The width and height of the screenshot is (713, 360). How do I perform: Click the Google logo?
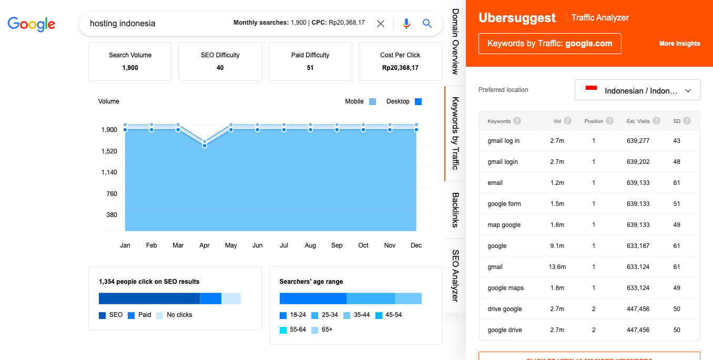click(31, 24)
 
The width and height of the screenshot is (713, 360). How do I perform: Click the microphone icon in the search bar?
click(406, 24)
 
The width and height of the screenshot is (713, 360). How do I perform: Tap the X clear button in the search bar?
click(381, 24)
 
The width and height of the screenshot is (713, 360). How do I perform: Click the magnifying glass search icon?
click(427, 24)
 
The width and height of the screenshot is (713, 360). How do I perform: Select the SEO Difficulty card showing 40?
click(220, 61)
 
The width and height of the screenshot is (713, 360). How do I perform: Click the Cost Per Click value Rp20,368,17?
click(400, 68)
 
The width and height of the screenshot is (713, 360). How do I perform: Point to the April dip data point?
click(205, 145)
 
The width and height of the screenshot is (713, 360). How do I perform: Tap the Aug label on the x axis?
click(310, 245)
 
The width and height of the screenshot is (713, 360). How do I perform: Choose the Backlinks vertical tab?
click(455, 210)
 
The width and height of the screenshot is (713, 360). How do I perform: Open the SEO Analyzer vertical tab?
click(455, 275)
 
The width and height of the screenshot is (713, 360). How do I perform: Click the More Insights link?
click(679, 44)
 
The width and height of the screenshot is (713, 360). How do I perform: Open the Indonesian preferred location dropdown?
click(637, 90)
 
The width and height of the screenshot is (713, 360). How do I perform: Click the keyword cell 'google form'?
click(504, 204)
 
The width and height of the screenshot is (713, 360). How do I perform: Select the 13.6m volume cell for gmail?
click(557, 267)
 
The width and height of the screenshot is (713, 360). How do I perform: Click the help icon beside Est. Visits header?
click(656, 121)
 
